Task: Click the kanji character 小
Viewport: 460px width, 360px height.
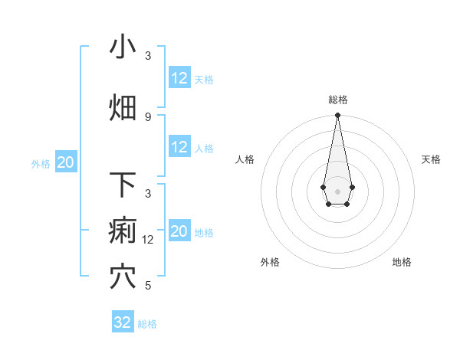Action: [123, 47]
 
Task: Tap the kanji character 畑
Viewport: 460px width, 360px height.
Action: [123, 108]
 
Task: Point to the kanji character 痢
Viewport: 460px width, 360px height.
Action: [123, 231]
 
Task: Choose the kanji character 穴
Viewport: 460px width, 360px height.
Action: [123, 277]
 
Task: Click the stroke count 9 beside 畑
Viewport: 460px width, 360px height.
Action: [148, 116]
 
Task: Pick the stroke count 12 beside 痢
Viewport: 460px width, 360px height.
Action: [149, 239]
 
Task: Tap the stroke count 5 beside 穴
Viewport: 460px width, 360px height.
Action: [148, 285]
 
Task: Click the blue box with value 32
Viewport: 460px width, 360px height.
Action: [123, 322]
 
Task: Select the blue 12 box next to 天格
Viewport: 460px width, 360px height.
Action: [179, 78]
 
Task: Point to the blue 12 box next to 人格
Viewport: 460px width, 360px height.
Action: [179, 147]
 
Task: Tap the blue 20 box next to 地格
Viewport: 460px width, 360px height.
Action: [179, 231]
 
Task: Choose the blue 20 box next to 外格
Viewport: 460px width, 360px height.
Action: [66, 162]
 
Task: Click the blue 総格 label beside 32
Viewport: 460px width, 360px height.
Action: [147, 324]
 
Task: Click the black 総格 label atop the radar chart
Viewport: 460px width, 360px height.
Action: [337, 100]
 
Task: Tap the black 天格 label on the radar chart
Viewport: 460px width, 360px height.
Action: [431, 159]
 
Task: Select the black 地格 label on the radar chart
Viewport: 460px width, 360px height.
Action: [402, 262]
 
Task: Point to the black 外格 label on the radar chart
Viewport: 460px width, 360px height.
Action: [270, 262]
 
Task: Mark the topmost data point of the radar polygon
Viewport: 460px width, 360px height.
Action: [337, 116]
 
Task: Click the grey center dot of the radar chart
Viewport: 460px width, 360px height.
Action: [337, 190]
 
